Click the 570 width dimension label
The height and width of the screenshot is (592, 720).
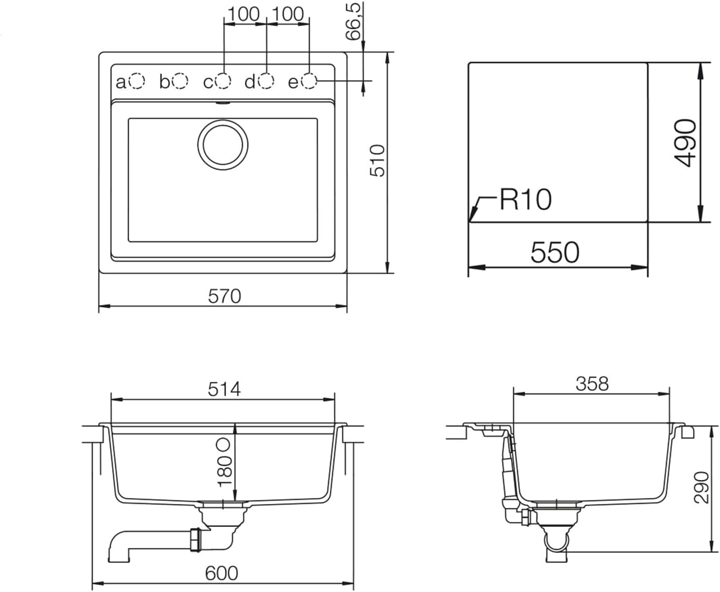[224, 296]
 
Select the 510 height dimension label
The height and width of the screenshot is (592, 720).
[378, 160]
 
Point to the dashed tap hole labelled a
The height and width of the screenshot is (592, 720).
[136, 81]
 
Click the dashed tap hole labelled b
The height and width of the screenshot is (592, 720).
[180, 81]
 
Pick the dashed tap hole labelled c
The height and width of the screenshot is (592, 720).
[223, 81]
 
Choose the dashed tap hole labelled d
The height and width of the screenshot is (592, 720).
[266, 81]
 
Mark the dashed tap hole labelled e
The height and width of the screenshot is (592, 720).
[309, 81]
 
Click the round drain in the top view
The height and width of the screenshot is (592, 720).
[223, 144]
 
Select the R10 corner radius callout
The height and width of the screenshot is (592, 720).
[525, 200]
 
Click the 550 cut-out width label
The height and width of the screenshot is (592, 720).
[555, 253]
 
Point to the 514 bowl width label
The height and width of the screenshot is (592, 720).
[224, 389]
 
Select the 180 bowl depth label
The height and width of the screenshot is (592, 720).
[224, 470]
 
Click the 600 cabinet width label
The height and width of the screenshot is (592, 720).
[221, 573]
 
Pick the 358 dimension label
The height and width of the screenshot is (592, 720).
[592, 384]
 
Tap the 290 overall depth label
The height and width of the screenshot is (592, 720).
[701, 487]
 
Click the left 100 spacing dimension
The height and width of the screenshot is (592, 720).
[244, 14]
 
